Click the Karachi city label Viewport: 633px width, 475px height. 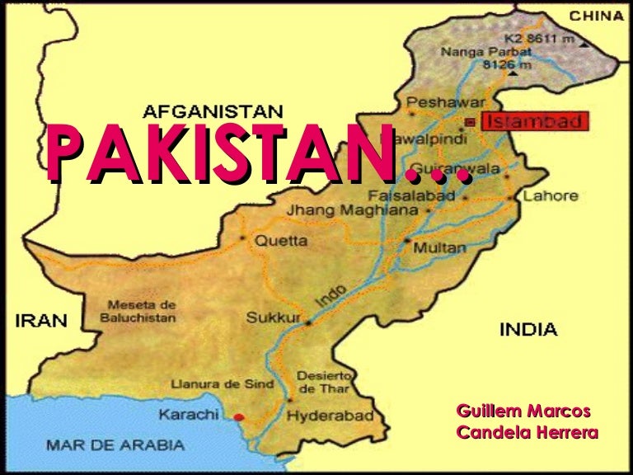click(189, 415)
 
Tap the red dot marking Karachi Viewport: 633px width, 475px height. click(239, 416)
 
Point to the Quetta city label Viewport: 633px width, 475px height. click(280, 241)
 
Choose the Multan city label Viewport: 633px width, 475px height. click(436, 247)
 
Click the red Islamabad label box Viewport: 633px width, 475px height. click(535, 122)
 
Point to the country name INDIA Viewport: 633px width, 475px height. click(527, 330)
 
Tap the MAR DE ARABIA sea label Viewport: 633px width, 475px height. click(115, 444)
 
